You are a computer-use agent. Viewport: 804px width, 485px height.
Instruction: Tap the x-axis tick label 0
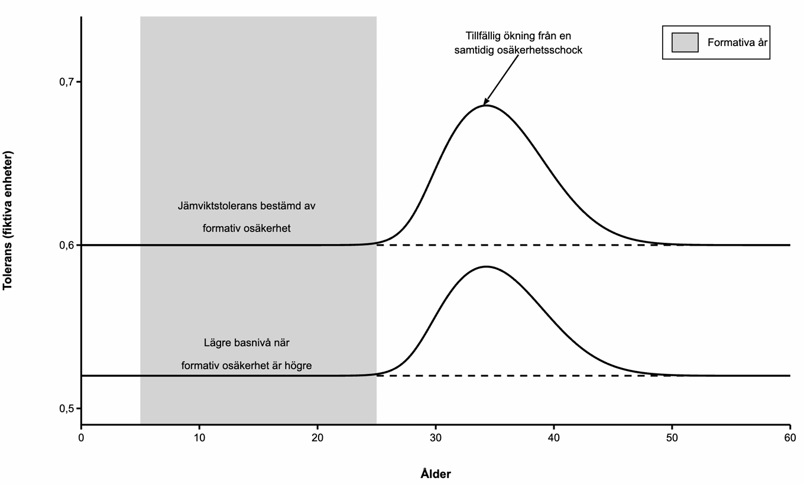pos(82,438)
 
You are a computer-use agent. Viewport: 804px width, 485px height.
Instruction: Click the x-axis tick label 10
pos(200,438)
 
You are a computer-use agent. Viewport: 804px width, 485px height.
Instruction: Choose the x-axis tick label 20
pos(318,438)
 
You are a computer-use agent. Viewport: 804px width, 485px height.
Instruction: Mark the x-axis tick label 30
pos(436,438)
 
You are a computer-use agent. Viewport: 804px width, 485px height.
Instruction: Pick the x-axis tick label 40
pos(554,438)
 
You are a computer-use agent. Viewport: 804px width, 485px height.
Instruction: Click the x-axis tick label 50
pos(672,438)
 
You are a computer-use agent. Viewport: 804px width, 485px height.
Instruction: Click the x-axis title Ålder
pos(436,473)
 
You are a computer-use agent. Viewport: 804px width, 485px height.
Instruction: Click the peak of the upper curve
pos(485,105)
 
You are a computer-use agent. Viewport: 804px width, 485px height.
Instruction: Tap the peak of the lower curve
pos(485,266)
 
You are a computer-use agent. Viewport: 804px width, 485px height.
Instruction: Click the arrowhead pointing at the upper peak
pos(486,102)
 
